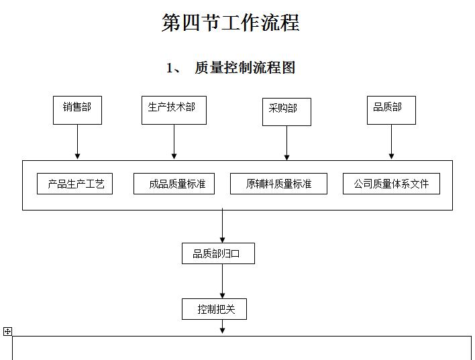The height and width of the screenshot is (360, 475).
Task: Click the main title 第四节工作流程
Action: pyautogui.click(x=230, y=23)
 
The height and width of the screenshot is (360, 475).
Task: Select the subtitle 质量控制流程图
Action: pyautogui.click(x=244, y=68)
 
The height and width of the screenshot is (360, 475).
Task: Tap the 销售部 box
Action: pyautogui.click(x=77, y=110)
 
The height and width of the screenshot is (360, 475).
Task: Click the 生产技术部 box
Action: pyautogui.click(x=174, y=110)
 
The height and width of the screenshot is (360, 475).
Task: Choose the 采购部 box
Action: pyautogui.click(x=286, y=111)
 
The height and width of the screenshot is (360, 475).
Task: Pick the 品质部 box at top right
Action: pyautogui.click(x=391, y=110)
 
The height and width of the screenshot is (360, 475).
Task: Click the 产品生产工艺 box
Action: pyautogui.click(x=74, y=184)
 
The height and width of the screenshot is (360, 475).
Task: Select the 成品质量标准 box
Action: pyautogui.click(x=174, y=184)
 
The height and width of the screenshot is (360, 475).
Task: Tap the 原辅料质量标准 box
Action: pyautogui.click(x=278, y=184)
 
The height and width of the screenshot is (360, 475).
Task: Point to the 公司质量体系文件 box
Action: pyautogui.click(x=391, y=184)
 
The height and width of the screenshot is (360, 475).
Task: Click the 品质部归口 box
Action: pyautogui.click(x=218, y=253)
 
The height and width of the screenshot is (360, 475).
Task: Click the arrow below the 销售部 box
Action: pyautogui.click(x=78, y=142)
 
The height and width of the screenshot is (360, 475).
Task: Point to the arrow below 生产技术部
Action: pyautogui.click(x=174, y=142)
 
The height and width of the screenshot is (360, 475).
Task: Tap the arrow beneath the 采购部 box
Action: pyautogui.click(x=287, y=143)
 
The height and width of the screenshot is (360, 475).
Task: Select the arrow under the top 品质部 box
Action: pyautogui.click(x=392, y=142)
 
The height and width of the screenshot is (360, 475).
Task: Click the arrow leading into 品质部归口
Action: pyautogui.click(x=223, y=227)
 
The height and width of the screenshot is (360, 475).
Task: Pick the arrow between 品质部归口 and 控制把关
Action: pyautogui.click(x=223, y=282)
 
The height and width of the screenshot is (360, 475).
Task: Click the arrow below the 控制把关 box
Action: pyautogui.click(x=223, y=326)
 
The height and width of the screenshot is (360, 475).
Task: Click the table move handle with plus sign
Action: pyautogui.click(x=7, y=331)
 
